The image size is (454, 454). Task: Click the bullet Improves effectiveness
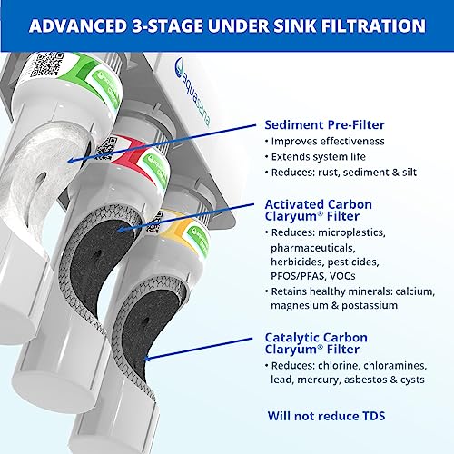click(x=329, y=143)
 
